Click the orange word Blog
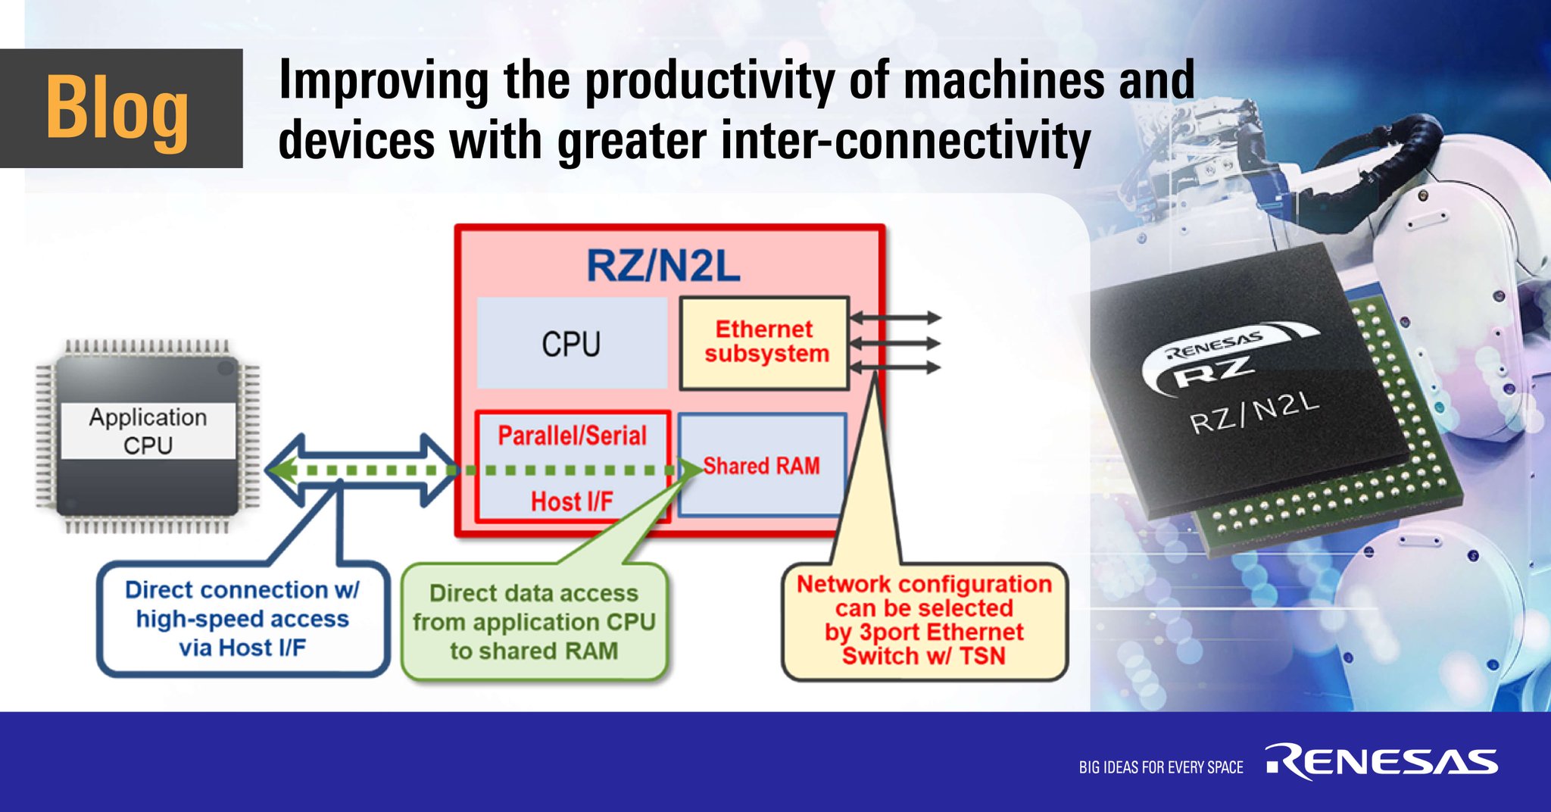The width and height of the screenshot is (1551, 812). (x=117, y=108)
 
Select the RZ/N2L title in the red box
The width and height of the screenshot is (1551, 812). (x=663, y=267)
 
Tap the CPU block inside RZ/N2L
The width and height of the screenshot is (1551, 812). (x=571, y=344)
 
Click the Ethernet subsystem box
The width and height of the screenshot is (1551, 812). (x=765, y=342)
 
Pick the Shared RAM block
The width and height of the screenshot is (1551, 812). (x=762, y=465)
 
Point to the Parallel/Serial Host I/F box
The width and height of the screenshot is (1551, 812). (x=573, y=467)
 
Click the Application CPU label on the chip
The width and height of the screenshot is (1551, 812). (x=148, y=431)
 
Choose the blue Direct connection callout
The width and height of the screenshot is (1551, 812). (x=242, y=619)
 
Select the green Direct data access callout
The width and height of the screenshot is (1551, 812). (x=534, y=622)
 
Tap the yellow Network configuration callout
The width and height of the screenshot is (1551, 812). (x=924, y=620)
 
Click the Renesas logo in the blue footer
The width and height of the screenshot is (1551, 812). (x=1382, y=762)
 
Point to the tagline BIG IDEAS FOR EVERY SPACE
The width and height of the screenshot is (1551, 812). (x=1161, y=767)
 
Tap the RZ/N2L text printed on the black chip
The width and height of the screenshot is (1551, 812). (x=1254, y=414)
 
